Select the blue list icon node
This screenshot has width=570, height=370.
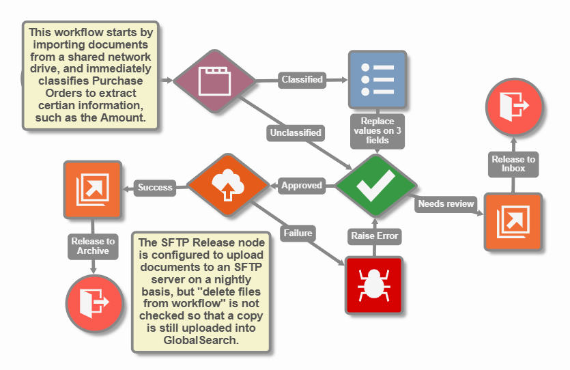[x=377, y=79]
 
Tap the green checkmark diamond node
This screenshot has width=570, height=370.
[x=375, y=185]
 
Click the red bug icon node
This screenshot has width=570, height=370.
[x=374, y=283]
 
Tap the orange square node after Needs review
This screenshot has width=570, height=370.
[x=513, y=222]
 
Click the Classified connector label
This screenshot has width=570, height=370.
[x=302, y=80]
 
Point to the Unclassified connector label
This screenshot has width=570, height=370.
[x=295, y=132]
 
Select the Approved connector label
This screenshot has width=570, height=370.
[x=301, y=185]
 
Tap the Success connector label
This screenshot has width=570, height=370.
[x=155, y=187]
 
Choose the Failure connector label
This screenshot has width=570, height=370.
[x=297, y=233]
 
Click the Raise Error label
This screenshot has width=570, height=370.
[x=374, y=236]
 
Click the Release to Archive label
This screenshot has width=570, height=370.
[x=93, y=246]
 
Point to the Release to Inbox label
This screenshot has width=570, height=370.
[x=513, y=164]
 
